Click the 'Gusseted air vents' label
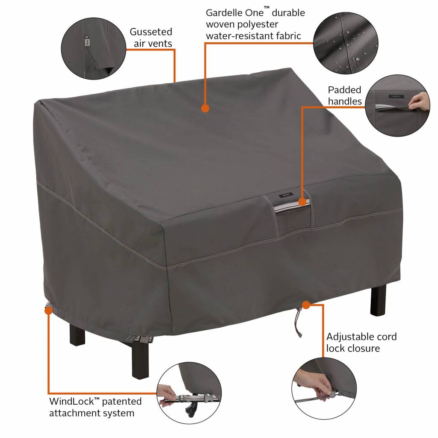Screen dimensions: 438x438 [151, 38]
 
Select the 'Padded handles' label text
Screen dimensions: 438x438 [345, 95]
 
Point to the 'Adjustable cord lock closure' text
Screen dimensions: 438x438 [361, 342]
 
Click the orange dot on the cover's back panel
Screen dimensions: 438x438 [205, 108]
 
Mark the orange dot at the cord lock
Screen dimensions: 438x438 [306, 305]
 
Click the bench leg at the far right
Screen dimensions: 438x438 [378, 299]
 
